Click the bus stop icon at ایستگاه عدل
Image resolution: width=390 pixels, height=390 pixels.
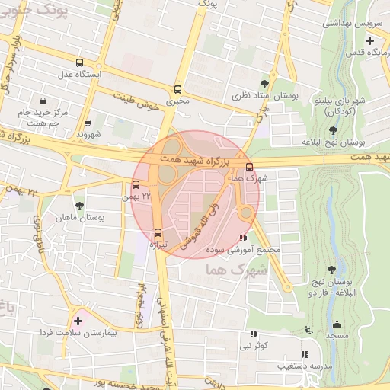click(x=81, y=63)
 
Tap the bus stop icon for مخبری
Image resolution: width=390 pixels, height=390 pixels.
click(x=178, y=88)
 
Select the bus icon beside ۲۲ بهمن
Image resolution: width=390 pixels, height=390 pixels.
click(x=136, y=184)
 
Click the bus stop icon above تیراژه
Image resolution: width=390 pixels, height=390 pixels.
click(x=158, y=232)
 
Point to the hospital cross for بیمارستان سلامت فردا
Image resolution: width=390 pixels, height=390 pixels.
click(x=78, y=321)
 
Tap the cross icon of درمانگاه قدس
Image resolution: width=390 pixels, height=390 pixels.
click(x=369, y=40)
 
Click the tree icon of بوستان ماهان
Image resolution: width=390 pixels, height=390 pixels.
click(x=79, y=206)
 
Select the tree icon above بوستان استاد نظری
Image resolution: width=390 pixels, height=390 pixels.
click(x=264, y=83)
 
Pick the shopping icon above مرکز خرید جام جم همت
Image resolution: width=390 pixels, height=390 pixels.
click(x=43, y=101)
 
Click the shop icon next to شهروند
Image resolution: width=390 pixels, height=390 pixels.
click(x=88, y=122)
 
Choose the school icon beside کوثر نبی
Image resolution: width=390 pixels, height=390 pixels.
click(x=254, y=334)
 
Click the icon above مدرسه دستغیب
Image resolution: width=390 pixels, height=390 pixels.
click(x=305, y=354)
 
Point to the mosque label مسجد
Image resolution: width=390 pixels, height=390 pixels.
click(x=336, y=335)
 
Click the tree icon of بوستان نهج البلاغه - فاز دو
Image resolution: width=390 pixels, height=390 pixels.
click(x=331, y=270)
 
